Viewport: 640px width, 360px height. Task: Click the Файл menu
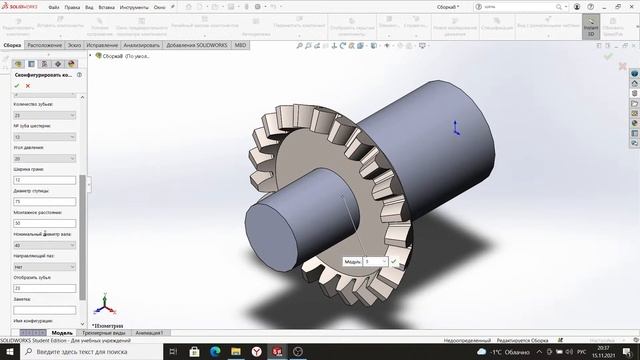pyautogui.click(x=53, y=7)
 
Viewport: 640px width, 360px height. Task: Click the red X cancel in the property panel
pyautogui.click(x=15, y=86)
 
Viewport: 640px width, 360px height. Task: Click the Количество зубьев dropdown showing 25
pyautogui.click(x=44, y=115)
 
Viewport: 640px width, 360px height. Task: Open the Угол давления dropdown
pyautogui.click(x=44, y=158)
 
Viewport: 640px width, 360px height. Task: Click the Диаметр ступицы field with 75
pyautogui.click(x=44, y=201)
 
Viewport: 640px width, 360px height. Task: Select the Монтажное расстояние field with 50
pyautogui.click(x=44, y=223)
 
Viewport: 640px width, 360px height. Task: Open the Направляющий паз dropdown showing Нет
pyautogui.click(x=44, y=266)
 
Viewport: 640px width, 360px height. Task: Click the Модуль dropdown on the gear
pyautogui.click(x=376, y=261)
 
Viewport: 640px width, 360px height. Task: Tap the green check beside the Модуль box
pyautogui.click(x=394, y=261)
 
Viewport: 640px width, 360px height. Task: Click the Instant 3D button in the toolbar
pyautogui.click(x=591, y=27)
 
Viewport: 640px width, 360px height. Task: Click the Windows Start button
pyautogui.click(x=8, y=352)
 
